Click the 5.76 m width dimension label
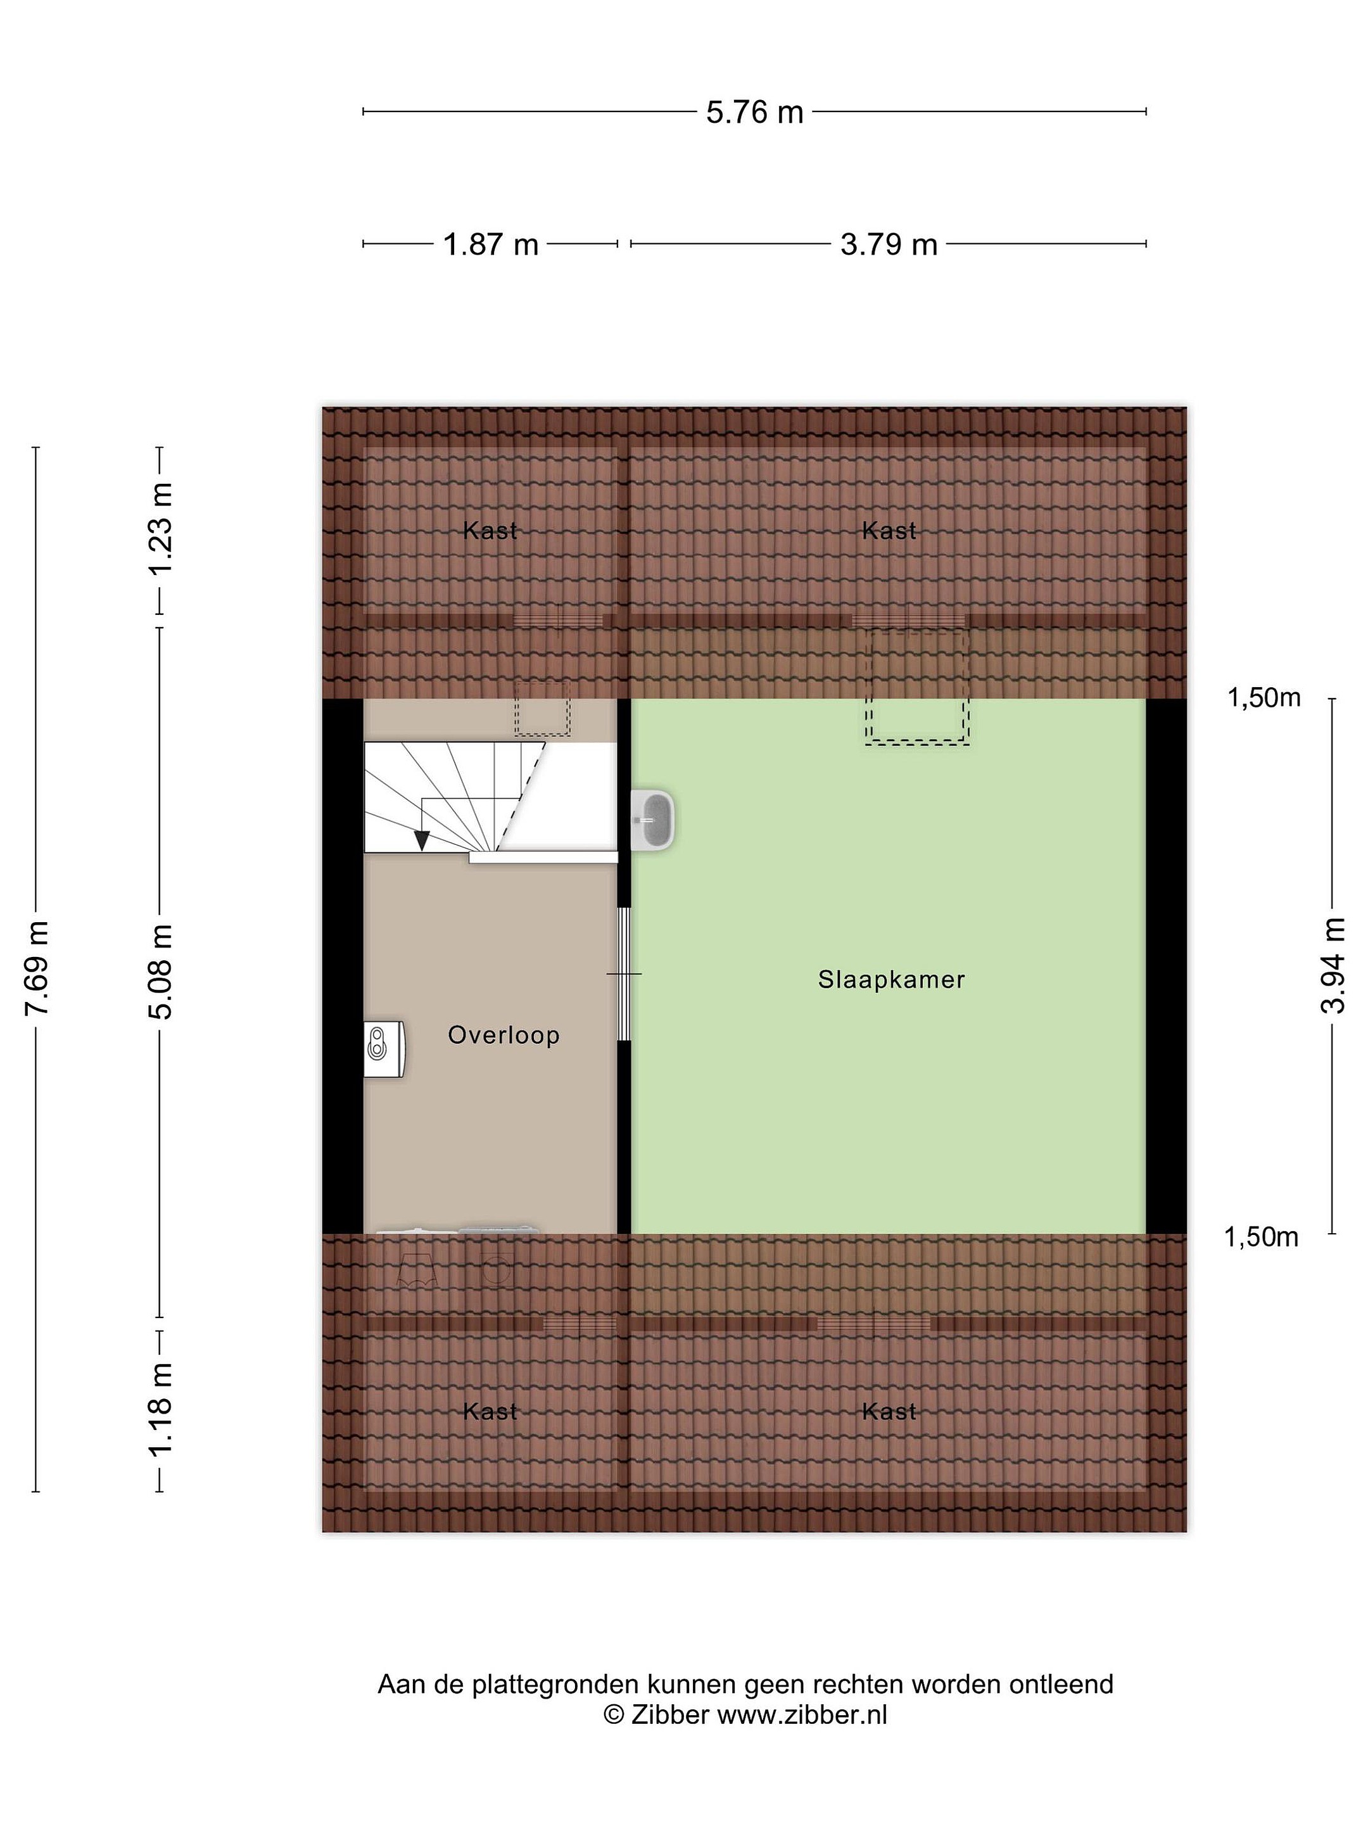(x=754, y=112)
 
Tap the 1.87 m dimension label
(x=491, y=244)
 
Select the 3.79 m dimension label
(x=889, y=244)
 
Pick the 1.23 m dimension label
(x=161, y=529)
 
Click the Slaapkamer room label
(x=891, y=980)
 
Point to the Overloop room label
(x=504, y=1035)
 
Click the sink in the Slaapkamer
(x=653, y=820)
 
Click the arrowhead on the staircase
(x=421, y=840)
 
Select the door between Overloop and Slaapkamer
(x=624, y=974)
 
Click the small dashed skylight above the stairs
(x=543, y=708)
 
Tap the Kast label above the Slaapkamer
(x=889, y=530)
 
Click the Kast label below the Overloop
(x=491, y=1411)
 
